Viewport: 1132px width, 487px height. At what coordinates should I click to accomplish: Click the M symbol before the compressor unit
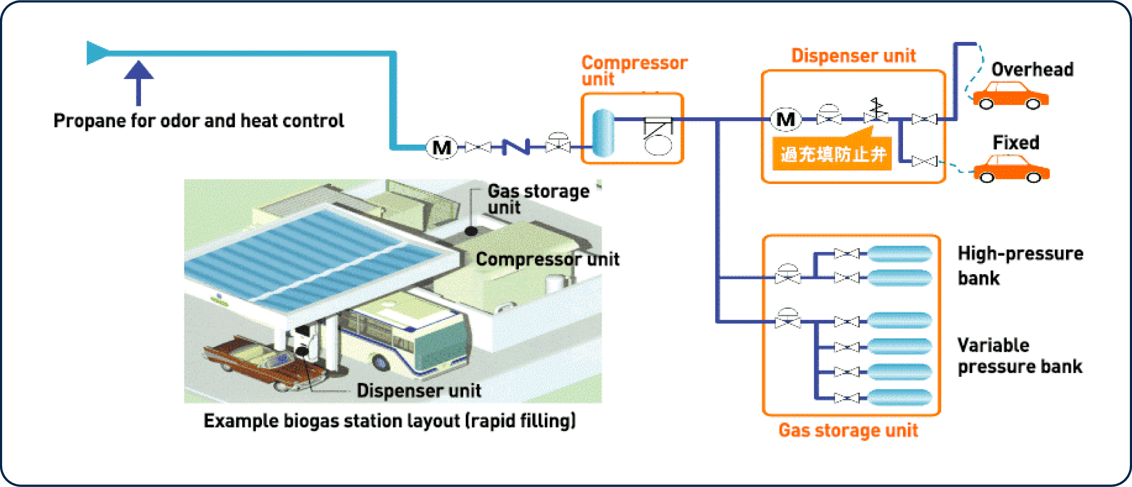(x=442, y=147)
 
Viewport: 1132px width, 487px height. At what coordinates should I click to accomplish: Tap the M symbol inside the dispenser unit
(x=785, y=120)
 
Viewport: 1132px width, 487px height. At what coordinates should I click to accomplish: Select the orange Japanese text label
(x=832, y=154)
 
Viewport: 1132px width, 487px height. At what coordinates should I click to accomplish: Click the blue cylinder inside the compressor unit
(x=603, y=133)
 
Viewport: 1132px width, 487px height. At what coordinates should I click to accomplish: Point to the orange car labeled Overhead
(x=1010, y=96)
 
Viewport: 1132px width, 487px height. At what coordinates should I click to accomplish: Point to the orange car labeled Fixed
(x=1011, y=169)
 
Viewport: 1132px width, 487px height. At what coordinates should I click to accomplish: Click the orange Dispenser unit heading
(x=853, y=56)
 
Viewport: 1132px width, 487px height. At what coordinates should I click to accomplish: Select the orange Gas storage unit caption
(x=847, y=430)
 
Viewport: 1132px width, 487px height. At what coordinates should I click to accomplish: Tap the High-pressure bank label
(x=1019, y=265)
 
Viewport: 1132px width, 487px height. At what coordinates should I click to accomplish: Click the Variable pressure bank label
(x=1019, y=355)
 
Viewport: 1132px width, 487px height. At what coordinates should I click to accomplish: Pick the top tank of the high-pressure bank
(x=899, y=254)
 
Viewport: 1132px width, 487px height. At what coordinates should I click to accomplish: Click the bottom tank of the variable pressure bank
(x=899, y=397)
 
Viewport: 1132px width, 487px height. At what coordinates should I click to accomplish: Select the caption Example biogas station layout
(x=389, y=421)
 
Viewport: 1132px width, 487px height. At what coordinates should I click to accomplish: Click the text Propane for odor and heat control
(x=199, y=121)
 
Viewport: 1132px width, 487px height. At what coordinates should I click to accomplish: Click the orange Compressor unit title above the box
(x=634, y=70)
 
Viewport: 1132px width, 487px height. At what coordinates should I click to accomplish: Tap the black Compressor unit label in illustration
(x=547, y=259)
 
